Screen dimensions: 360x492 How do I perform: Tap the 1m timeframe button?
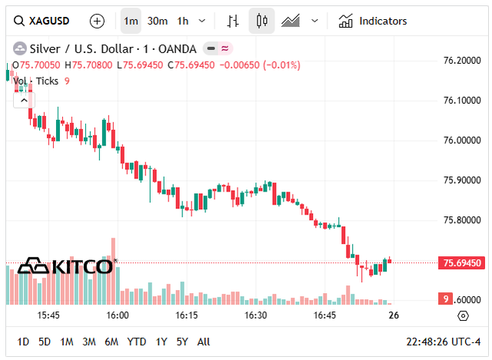pos(131,21)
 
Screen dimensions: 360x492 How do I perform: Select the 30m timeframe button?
pos(158,21)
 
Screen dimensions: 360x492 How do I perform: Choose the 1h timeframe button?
pos(182,21)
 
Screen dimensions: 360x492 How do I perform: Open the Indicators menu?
pos(374,21)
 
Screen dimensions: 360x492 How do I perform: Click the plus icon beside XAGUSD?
pos(97,21)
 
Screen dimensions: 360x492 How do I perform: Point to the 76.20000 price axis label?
pos(464,60)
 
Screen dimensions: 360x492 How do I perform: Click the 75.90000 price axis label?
pos(464,180)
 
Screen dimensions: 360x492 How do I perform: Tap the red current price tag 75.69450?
pos(463,263)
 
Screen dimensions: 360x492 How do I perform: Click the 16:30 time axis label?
pos(256,315)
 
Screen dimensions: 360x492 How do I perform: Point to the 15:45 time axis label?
pos(48,315)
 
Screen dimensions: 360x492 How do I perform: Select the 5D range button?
pos(45,342)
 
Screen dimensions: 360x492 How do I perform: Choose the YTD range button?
pos(137,342)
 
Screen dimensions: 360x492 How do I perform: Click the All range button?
pos(204,342)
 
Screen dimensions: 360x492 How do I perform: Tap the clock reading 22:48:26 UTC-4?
pos(442,342)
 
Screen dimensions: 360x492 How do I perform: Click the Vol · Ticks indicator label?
pos(35,81)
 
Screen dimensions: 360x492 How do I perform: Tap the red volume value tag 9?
pos(444,298)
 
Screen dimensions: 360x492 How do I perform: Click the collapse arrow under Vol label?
pos(23,99)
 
